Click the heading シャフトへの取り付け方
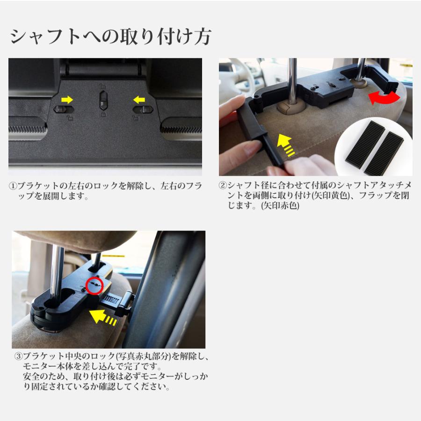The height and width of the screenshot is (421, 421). [110, 36]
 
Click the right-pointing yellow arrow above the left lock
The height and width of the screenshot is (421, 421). [68, 99]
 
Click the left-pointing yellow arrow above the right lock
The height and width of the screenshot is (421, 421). [138, 99]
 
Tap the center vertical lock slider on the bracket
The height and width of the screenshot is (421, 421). [104, 99]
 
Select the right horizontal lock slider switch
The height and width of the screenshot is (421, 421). [143, 109]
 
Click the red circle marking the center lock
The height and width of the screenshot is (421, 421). [94, 284]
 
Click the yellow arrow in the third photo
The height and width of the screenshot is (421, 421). [104, 318]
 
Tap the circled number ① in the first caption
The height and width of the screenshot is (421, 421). [14, 186]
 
